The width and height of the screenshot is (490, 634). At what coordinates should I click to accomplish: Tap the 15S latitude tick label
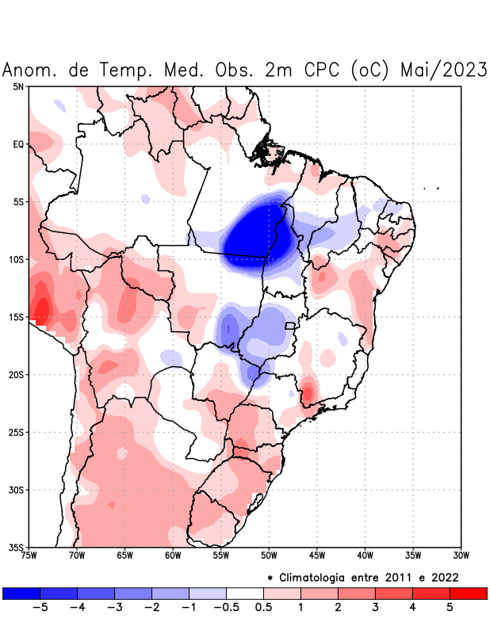pos(17,317)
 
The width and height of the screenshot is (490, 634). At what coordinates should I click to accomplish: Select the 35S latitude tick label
pos(17,547)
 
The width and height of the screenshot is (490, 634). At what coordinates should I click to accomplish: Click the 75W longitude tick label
pos(29,556)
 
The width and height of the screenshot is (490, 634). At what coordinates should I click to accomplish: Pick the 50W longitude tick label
pos(269,556)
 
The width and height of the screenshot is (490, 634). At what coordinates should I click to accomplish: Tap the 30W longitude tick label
pos(461,556)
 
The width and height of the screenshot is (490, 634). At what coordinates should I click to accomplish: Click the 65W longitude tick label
pos(124,556)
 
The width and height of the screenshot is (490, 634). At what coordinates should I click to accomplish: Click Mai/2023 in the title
pos(444,70)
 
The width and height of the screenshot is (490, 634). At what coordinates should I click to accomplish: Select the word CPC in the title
pos(319,70)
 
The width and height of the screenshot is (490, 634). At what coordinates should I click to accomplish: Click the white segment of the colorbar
pos(245,593)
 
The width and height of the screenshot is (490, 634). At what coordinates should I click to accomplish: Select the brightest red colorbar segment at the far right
pos(468,593)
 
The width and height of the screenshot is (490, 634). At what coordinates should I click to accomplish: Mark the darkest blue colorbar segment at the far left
pos(21,593)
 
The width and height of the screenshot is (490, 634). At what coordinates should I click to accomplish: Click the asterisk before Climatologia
pos(270,577)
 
